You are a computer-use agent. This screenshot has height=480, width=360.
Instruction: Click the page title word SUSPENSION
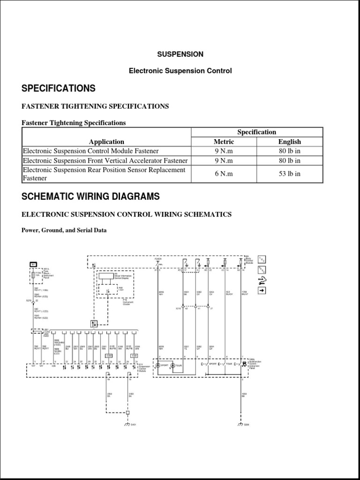point(180,54)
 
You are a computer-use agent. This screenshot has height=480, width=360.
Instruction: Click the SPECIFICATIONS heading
point(59,89)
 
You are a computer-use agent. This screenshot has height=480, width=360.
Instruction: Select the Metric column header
point(224,142)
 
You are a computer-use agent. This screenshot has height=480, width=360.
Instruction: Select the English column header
point(289,142)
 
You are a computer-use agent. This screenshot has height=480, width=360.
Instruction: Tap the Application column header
point(106,142)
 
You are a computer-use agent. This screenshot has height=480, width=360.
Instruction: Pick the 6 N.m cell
point(224,174)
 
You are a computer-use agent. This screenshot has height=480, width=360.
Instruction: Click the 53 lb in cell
point(289,174)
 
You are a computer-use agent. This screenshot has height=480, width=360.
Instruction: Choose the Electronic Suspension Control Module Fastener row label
point(90,151)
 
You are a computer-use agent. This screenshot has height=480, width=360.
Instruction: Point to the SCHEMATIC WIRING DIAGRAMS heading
point(90,196)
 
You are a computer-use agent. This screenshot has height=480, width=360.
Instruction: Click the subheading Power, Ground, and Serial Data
point(64,230)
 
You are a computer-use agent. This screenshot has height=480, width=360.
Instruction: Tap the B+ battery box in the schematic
point(34,264)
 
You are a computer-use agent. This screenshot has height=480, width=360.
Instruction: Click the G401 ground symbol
point(127,424)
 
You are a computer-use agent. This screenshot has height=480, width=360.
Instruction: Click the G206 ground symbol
point(242,424)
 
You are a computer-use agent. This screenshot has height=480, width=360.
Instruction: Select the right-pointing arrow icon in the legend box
point(262,290)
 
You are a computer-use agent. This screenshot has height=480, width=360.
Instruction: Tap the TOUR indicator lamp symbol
point(173,364)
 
